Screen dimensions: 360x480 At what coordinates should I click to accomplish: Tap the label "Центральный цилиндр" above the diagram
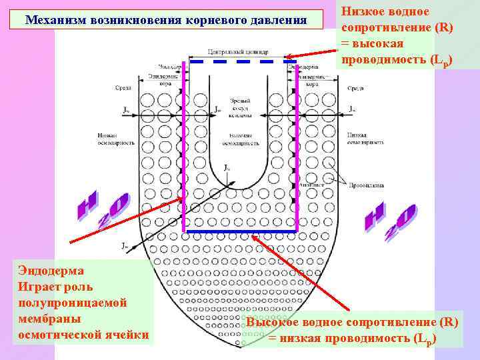pyautogui.click(x=238, y=51)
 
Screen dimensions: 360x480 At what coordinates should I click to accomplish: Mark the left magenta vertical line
pyautogui.click(x=183, y=147)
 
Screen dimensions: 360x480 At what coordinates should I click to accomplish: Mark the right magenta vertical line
pyautogui.click(x=297, y=147)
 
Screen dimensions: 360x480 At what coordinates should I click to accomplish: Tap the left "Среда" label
pyautogui.click(x=123, y=88)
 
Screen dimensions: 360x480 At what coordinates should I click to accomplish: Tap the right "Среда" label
pyautogui.click(x=355, y=88)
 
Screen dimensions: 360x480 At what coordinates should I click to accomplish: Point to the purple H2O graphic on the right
pyautogui.click(x=390, y=223)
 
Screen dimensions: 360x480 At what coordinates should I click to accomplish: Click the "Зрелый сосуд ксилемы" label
pyautogui.click(x=239, y=107)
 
